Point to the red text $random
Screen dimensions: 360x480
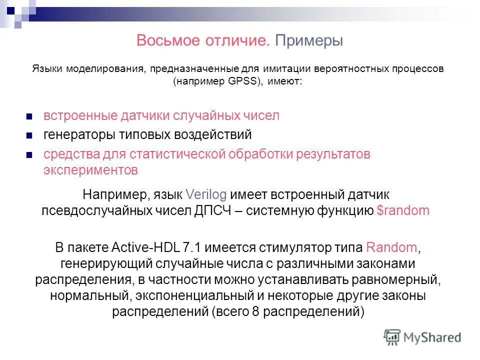pyautogui.click(x=403, y=210)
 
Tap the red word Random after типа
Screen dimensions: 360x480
pyautogui.click(x=391, y=247)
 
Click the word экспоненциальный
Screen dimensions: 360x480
pyautogui.click(x=199, y=295)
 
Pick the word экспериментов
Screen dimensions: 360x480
pyautogui.click(x=90, y=170)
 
